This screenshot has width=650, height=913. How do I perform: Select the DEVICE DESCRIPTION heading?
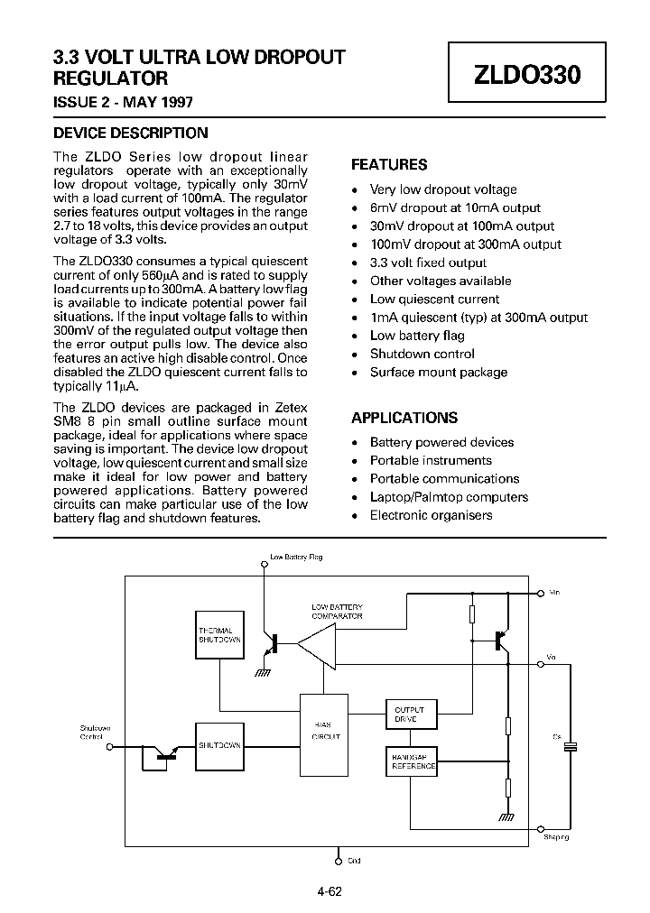tap(131, 133)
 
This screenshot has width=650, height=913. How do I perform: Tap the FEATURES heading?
tap(389, 165)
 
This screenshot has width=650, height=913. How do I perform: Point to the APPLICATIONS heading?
tap(404, 418)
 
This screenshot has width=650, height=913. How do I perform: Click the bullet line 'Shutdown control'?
tap(422, 354)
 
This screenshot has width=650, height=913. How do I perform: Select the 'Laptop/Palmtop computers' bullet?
tap(449, 497)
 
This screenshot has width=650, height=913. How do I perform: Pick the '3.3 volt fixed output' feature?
tap(428, 263)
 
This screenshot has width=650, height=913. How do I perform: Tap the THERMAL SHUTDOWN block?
tap(219, 634)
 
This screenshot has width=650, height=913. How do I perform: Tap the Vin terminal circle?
tap(540, 594)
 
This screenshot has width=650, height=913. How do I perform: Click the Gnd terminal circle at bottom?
tap(339, 861)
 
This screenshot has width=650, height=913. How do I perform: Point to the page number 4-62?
tap(329, 893)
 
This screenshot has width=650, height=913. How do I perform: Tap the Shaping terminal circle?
tap(540, 828)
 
